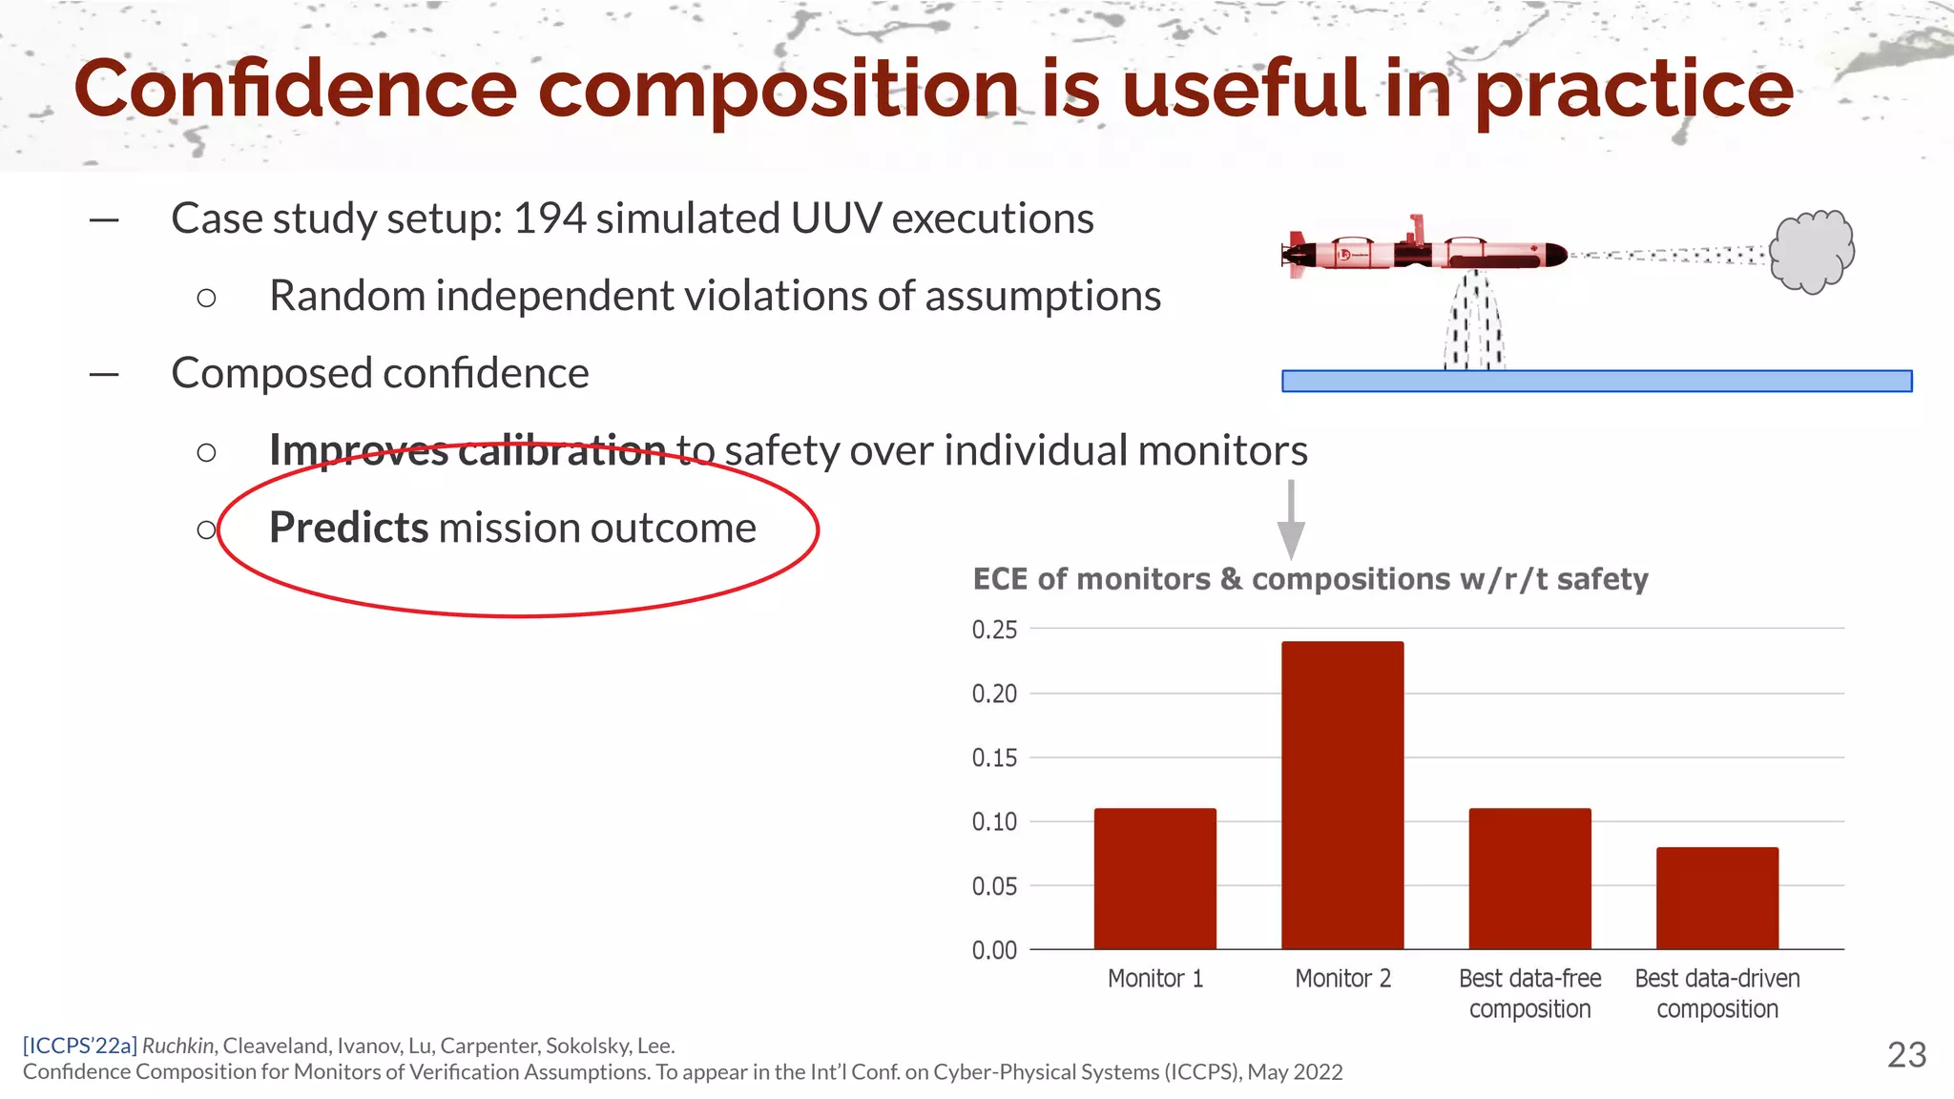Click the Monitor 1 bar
click(x=1154, y=879)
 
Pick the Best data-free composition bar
click(x=1529, y=879)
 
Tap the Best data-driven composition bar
click(x=1716, y=898)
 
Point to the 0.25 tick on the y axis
click(x=994, y=630)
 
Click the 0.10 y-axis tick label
click(x=994, y=821)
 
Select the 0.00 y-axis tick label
click(x=994, y=950)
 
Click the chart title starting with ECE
click(x=1310, y=579)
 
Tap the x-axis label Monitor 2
click(x=1342, y=979)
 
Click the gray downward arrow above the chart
click(x=1291, y=520)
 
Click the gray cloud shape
click(x=1811, y=252)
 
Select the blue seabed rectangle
click(x=1596, y=381)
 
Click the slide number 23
click(x=1906, y=1055)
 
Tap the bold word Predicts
click(x=348, y=528)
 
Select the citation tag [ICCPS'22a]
click(x=80, y=1046)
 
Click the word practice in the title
click(x=1633, y=90)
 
